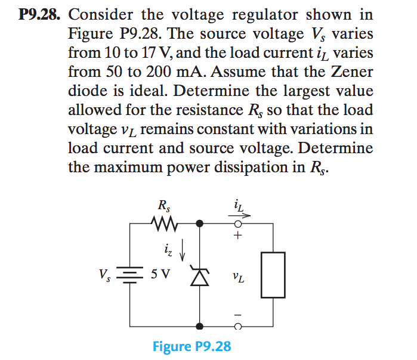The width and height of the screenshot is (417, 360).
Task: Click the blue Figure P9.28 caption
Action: (x=191, y=346)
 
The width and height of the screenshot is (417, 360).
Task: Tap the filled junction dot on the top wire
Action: (x=200, y=224)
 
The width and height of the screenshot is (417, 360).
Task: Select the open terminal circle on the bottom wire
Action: (x=238, y=327)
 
